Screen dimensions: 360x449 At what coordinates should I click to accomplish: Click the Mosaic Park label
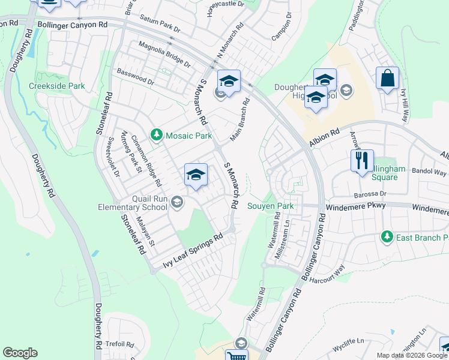[188, 136]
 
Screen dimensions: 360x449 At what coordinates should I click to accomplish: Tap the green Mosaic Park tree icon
[157, 135]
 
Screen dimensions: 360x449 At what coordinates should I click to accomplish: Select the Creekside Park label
[57, 86]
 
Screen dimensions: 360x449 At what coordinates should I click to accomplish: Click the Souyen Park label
[271, 206]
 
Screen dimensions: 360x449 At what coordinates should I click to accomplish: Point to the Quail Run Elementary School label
[133, 203]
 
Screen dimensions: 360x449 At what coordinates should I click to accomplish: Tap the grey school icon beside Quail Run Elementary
[177, 201]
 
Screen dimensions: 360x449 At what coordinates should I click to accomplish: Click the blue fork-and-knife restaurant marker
[362, 161]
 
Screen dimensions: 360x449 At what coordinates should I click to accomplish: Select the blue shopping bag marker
[388, 79]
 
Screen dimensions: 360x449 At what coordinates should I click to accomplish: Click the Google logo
[20, 353]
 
